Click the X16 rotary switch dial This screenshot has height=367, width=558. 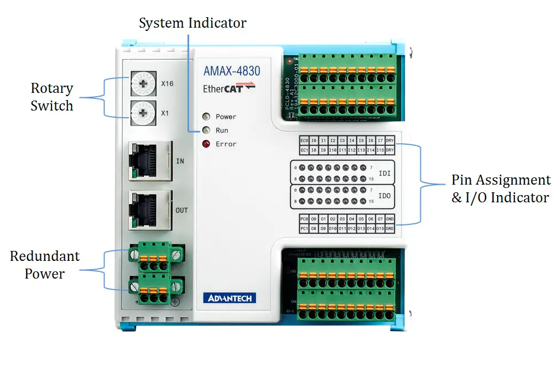tap(144, 85)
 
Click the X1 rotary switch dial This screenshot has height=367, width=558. tap(144, 113)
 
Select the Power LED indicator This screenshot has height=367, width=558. tap(206, 117)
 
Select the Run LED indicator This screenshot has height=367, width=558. tap(206, 130)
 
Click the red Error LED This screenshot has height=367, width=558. tap(206, 144)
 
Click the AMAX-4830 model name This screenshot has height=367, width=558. tap(232, 71)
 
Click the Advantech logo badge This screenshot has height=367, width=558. tap(230, 298)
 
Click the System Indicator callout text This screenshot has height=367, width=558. tap(192, 23)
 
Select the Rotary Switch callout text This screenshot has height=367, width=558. tap(51, 97)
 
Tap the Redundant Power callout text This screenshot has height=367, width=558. tap(44, 265)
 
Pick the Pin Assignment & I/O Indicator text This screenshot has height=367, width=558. tap(500, 188)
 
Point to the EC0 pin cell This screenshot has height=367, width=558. tap(304, 141)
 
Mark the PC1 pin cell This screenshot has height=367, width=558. tap(304, 228)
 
